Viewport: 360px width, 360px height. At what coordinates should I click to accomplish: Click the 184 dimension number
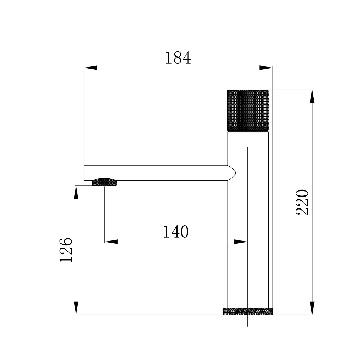click(x=178, y=58)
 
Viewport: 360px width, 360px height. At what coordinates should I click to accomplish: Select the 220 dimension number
click(x=302, y=202)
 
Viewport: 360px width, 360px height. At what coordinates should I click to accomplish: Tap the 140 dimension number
click(x=176, y=232)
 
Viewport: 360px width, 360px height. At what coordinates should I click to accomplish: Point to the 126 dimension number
click(x=66, y=250)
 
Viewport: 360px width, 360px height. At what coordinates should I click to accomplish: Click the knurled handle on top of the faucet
click(x=248, y=111)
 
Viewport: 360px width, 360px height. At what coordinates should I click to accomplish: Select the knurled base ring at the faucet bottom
click(x=248, y=311)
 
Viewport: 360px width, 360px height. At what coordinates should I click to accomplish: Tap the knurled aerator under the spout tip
click(x=104, y=182)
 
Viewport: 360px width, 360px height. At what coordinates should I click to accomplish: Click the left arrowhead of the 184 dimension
click(x=90, y=67)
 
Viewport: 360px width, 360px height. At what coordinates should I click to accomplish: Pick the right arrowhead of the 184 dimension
click(x=266, y=67)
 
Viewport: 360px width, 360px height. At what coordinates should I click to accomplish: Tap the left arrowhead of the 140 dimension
click(x=111, y=242)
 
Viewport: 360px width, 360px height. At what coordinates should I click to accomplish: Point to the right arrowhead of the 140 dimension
click(x=241, y=242)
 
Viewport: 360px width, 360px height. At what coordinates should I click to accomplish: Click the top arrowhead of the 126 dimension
click(x=76, y=192)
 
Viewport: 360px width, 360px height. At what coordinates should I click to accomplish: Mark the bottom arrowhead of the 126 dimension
click(x=76, y=308)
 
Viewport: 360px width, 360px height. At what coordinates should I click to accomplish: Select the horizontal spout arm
click(x=158, y=173)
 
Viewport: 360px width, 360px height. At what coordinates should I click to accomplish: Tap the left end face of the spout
click(x=84, y=173)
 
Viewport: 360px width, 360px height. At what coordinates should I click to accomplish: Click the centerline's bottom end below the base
click(x=248, y=325)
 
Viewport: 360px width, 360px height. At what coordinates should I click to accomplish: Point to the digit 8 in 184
click(x=178, y=58)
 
